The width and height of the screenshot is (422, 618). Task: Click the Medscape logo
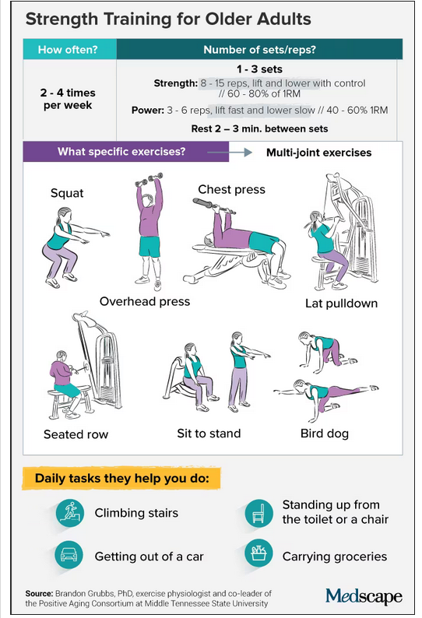(x=364, y=597)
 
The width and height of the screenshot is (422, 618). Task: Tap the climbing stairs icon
(x=70, y=513)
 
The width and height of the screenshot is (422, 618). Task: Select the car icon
(x=69, y=555)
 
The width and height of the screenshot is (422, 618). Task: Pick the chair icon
(x=258, y=513)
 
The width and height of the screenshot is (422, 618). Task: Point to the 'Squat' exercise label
(x=67, y=193)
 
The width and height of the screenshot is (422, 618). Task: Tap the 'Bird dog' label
(x=325, y=434)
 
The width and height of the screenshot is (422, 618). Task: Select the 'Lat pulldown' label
(x=342, y=303)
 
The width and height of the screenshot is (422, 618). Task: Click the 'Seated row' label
(x=76, y=434)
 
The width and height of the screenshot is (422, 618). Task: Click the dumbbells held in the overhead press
(x=149, y=179)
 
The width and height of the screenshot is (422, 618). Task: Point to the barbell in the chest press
(x=214, y=206)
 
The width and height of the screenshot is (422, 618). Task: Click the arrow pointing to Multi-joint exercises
(x=230, y=153)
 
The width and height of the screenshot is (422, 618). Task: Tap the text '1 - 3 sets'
(x=259, y=69)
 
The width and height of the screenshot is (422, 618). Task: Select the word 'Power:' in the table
(x=148, y=110)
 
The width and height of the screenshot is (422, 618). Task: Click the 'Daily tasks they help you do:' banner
(x=121, y=478)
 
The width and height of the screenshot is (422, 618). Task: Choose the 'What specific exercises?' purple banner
(x=126, y=152)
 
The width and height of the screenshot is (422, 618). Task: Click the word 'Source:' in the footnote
(x=39, y=593)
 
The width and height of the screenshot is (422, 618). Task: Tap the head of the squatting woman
(x=65, y=216)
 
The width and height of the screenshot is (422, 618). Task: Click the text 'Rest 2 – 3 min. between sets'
(x=259, y=129)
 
